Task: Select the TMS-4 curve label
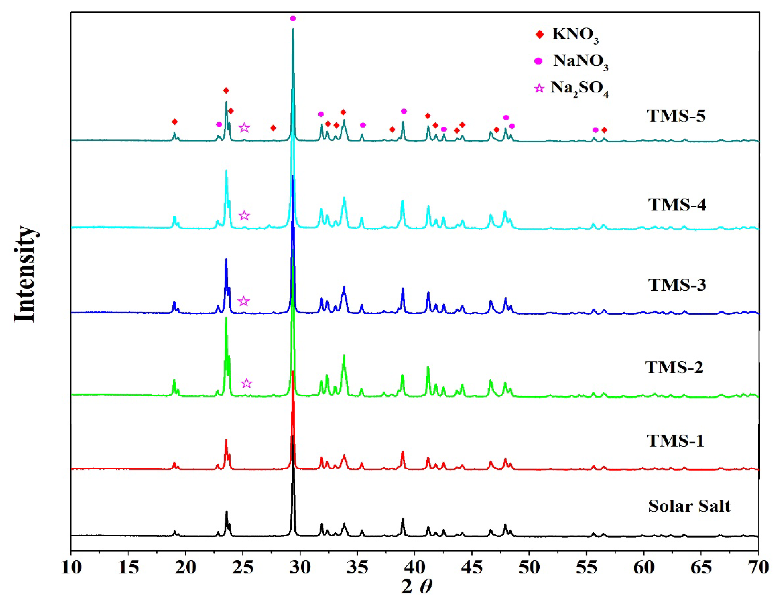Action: (677, 205)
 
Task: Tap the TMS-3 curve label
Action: (677, 285)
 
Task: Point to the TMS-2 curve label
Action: (674, 367)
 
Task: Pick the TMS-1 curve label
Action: (675, 441)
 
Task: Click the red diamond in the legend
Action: (540, 35)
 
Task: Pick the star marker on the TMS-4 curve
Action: (244, 215)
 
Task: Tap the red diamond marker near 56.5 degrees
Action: (604, 130)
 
